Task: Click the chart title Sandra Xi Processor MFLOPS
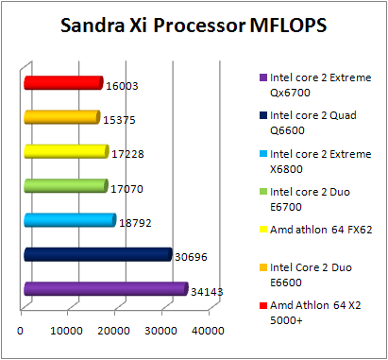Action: pos(193,25)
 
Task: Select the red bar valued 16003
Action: pos(62,83)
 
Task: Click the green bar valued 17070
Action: pos(64,186)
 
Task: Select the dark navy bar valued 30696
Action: pos(96,255)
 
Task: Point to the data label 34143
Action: pos(205,292)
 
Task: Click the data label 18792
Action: pos(133,223)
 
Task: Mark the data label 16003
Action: pos(120,85)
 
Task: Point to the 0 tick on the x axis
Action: pos(21,330)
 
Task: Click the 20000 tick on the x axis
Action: pos(115,330)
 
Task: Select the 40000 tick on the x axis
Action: pos(208,330)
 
